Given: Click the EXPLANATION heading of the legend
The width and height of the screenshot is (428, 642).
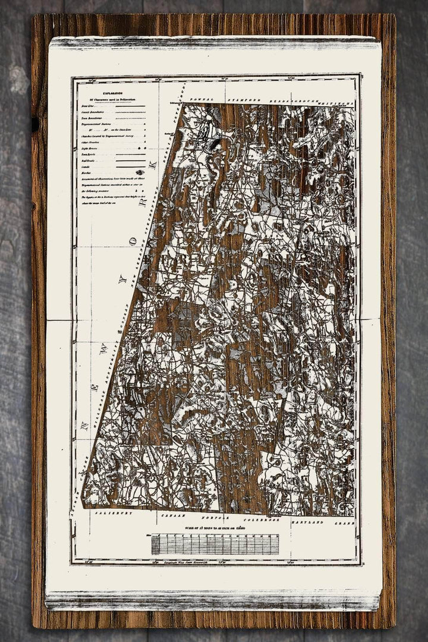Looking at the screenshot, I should pos(114,93).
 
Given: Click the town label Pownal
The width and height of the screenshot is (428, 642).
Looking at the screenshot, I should pos(197,100).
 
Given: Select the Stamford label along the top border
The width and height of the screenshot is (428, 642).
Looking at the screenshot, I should pos(243,100).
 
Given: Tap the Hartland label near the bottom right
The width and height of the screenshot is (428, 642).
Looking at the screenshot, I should pos(307,521).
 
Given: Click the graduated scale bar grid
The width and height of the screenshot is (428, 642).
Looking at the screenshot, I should pos(215,544).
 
